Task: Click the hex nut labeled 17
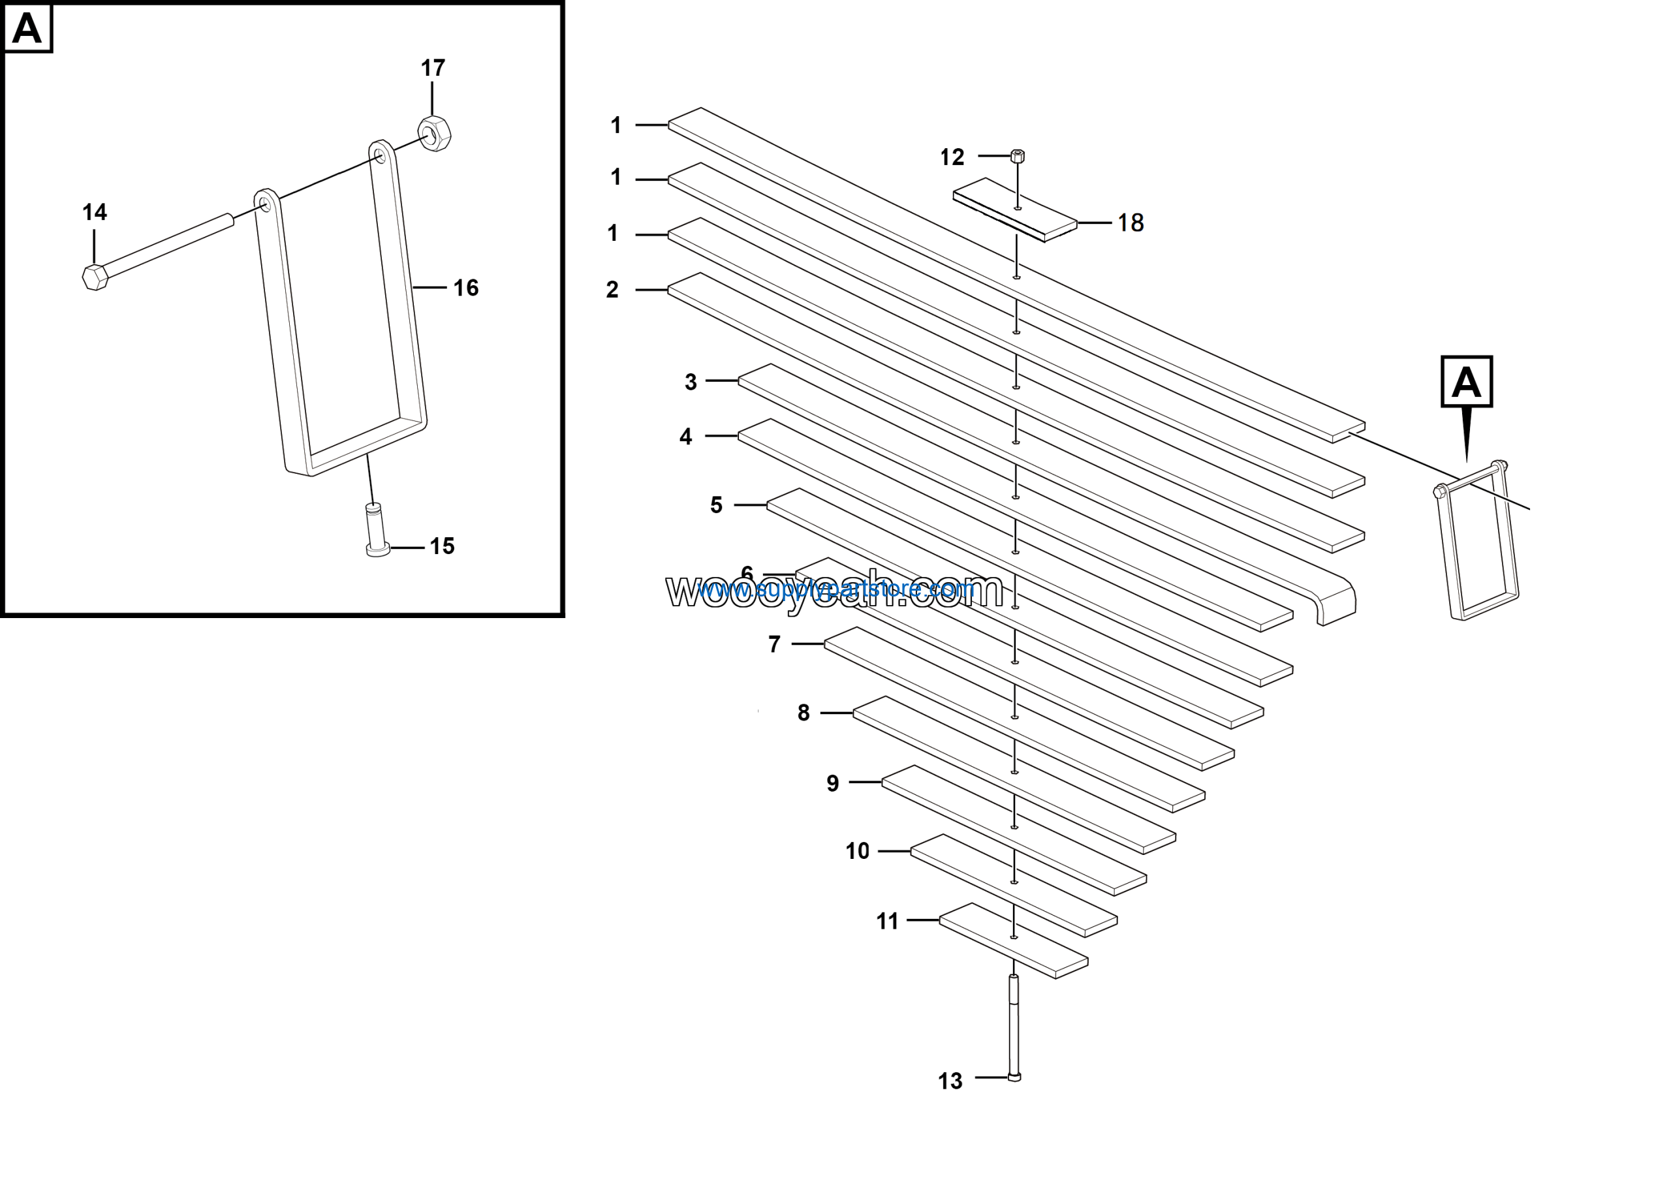[435, 134]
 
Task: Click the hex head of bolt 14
[95, 277]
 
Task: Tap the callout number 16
[466, 288]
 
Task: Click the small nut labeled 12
[1018, 156]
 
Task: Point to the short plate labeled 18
[1015, 210]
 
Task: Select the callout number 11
[887, 922]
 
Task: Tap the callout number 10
[857, 851]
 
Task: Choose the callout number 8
[804, 713]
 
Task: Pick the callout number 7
[774, 645]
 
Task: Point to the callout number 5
[716, 506]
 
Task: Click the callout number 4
[685, 437]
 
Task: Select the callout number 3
[691, 382]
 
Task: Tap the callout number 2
[612, 290]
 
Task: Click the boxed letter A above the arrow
[1467, 382]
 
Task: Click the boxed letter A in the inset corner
[27, 28]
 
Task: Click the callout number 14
[95, 212]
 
